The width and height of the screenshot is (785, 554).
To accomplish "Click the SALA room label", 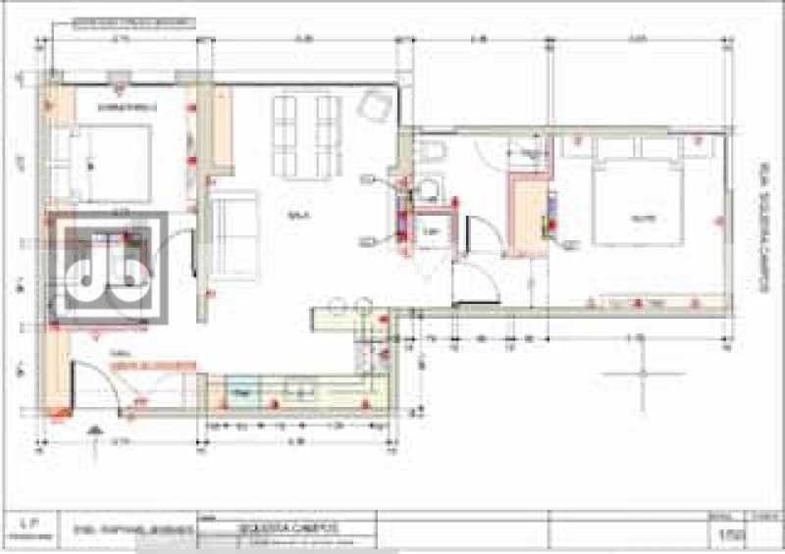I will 293,214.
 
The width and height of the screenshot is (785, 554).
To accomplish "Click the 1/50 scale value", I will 726,532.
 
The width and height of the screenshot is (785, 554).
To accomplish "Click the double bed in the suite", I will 638,201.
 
